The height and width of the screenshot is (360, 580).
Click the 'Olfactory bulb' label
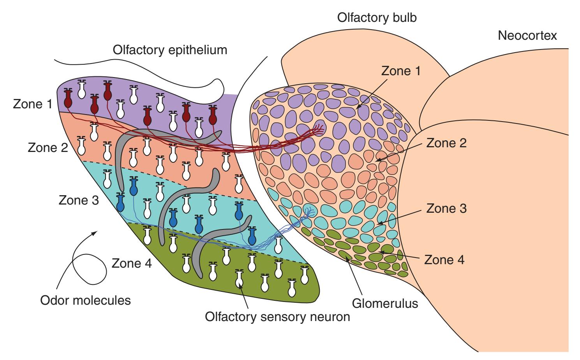point(377,18)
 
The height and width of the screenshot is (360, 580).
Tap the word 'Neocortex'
point(527,35)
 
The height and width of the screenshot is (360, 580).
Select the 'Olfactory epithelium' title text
point(170,50)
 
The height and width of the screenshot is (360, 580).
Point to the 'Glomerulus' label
point(385,303)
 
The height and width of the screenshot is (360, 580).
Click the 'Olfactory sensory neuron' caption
point(277,317)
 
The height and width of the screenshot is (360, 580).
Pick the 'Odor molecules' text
point(86,300)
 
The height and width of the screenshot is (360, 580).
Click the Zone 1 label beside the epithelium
point(33,104)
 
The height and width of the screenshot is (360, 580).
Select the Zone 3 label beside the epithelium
point(79,200)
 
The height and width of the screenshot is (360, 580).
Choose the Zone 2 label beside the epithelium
point(48,148)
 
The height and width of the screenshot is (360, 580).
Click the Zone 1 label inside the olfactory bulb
point(401,71)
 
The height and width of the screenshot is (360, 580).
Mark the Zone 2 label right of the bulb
point(446,143)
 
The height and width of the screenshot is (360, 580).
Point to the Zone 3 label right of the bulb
point(446,208)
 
